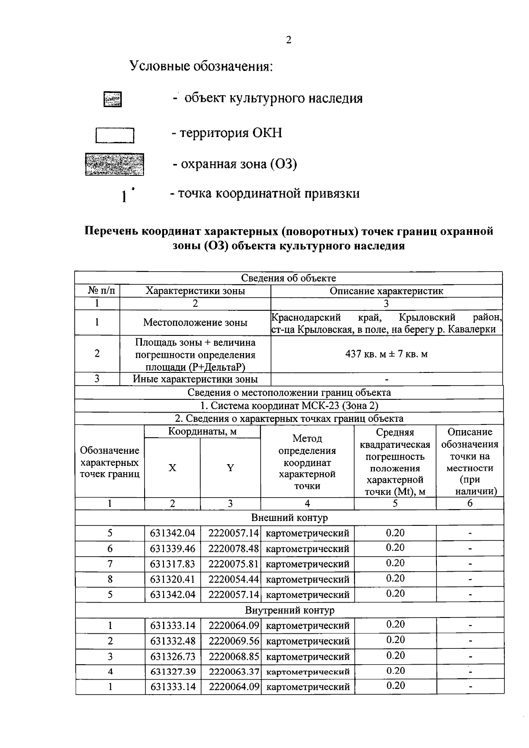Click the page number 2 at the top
288,40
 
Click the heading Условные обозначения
201,67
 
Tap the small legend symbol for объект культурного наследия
112,100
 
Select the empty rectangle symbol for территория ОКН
115,135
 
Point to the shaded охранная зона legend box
115,164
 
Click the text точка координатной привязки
268,194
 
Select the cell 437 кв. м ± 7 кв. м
386,354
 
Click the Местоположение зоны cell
195,323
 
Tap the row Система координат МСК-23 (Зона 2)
289,406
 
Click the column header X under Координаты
172,468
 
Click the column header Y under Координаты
230,468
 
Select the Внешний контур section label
289,517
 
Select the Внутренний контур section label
289,610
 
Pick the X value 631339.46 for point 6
172,549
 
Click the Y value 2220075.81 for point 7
233,564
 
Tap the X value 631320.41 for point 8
172,579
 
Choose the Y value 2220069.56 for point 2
233,641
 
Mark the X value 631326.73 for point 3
172,657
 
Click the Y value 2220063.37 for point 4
233,672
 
